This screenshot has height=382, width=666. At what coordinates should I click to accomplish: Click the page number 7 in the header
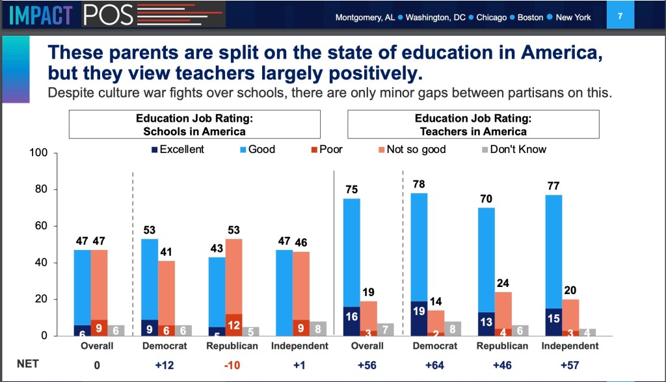[x=620, y=16]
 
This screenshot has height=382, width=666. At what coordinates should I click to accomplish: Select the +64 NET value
[x=427, y=366]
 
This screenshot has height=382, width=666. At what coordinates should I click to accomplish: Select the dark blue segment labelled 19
[x=419, y=318]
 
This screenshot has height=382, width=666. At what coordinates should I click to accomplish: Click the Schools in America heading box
[x=195, y=124]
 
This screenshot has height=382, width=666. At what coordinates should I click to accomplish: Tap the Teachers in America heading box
[x=473, y=124]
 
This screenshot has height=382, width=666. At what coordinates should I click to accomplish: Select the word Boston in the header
[x=530, y=18]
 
